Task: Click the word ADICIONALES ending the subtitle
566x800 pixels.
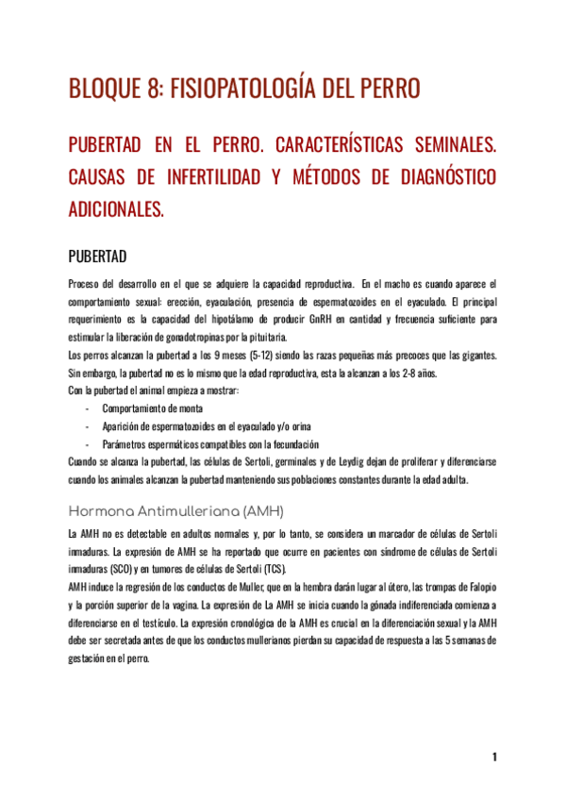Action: (x=116, y=208)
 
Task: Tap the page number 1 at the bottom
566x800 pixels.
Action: (x=494, y=758)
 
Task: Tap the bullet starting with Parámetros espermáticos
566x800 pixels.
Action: (x=209, y=444)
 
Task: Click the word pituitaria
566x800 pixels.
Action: (x=262, y=338)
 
